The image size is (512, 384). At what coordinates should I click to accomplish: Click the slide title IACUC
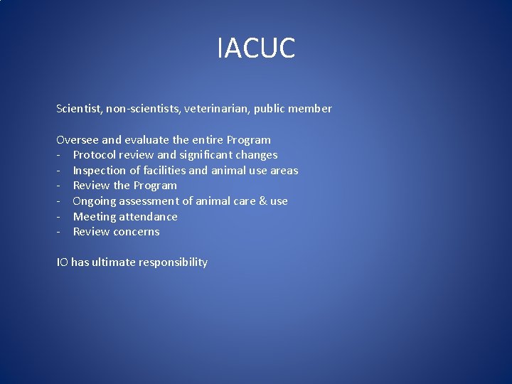coord(256,48)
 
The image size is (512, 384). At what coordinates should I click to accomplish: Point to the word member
coord(310,109)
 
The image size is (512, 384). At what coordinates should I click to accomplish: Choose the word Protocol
coord(95,155)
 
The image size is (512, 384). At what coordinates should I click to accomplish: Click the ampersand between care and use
coord(262,201)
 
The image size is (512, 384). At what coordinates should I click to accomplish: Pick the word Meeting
coord(95,217)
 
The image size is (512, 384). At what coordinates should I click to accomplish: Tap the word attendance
coord(149,217)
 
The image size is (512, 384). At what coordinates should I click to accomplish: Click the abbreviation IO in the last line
coord(62,262)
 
